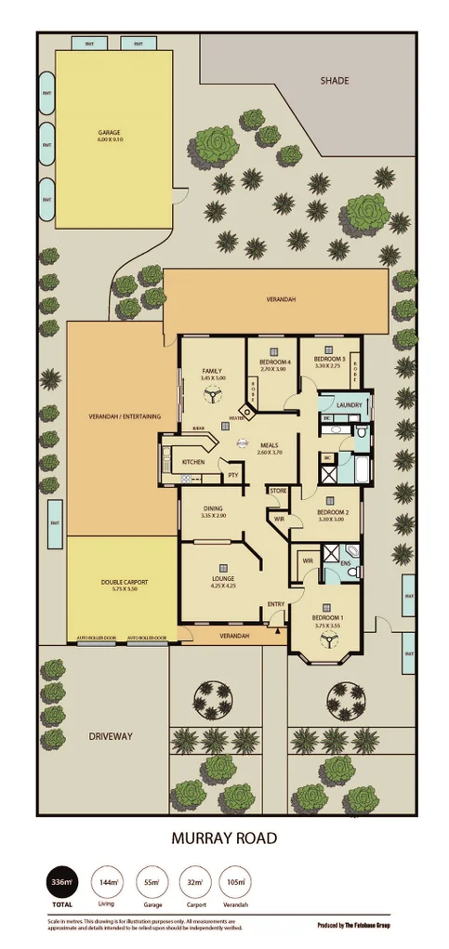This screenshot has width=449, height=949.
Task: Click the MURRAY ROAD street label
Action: pos(223,837)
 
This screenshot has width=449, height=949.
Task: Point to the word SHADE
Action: pos(334,82)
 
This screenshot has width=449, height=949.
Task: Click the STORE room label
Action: pos(278,490)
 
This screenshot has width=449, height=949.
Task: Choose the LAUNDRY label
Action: pos(350,405)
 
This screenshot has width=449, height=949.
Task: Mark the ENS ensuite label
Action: pos(345,563)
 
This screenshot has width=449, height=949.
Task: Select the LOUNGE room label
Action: pos(221,579)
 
